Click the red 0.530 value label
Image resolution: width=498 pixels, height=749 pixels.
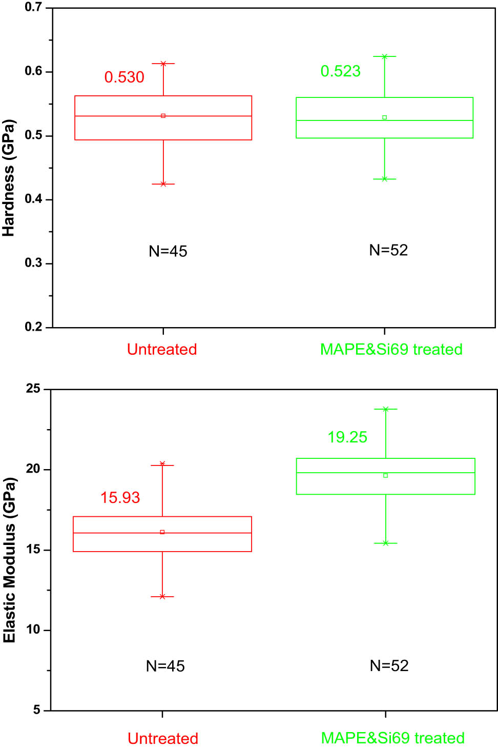click(124, 77)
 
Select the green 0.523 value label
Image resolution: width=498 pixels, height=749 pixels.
click(340, 71)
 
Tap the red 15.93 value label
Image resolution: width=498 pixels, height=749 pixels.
click(120, 497)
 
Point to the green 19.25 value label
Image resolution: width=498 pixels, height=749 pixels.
click(347, 437)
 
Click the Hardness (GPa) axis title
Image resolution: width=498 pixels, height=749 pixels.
click(8, 178)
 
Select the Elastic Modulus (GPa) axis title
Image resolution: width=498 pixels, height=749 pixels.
click(9, 560)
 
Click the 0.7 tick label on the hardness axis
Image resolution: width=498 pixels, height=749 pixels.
click(33, 7)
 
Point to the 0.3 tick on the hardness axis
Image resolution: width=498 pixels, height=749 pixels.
click(33, 263)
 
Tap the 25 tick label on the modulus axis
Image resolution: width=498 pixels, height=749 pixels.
click(33, 389)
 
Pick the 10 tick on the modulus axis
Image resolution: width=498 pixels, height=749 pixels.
click(33, 630)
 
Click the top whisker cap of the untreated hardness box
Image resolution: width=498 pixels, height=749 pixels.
click(163, 64)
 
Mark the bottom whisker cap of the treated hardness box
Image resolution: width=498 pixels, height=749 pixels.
click(385, 179)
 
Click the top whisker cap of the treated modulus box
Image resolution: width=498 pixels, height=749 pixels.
click(386, 409)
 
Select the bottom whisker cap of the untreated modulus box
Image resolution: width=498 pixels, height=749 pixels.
click(162, 597)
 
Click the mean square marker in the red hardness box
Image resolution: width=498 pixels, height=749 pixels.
click(163, 116)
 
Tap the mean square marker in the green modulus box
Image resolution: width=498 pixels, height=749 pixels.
click(386, 475)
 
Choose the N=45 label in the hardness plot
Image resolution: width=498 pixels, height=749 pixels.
click(168, 251)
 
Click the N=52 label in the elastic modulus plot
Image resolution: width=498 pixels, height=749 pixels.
click(389, 665)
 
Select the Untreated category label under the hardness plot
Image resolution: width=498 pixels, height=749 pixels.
click(162, 349)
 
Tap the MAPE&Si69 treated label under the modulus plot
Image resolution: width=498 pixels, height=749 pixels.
click(392, 738)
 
